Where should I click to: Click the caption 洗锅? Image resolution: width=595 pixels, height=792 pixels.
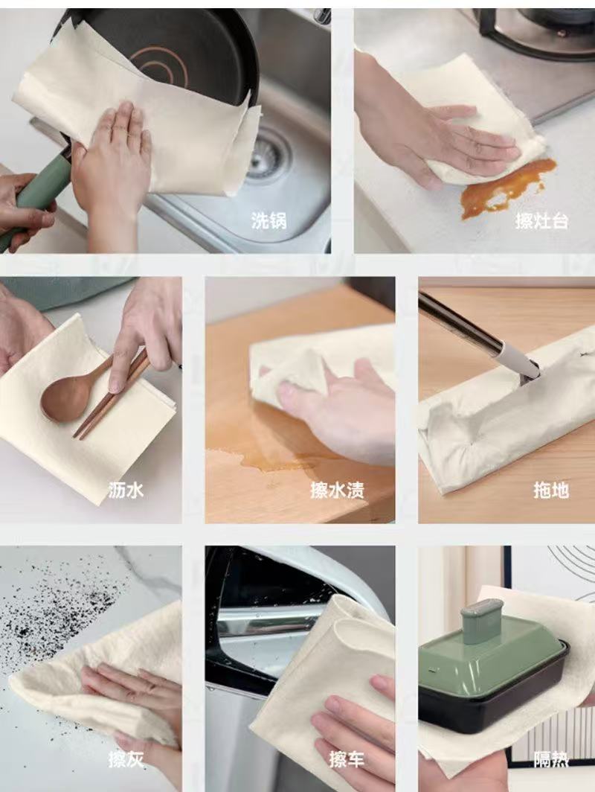point(269,221)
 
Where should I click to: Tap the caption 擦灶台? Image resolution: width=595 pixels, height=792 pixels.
point(541,221)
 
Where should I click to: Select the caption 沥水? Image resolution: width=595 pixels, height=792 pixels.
point(126,490)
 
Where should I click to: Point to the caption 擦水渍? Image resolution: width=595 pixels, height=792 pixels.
point(337,490)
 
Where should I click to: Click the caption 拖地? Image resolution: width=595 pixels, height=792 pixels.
point(551,490)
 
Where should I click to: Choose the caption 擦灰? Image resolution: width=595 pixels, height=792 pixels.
point(126,759)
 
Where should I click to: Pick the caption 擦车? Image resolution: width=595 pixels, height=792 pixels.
point(347,759)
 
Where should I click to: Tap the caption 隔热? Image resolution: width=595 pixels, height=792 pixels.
point(551,759)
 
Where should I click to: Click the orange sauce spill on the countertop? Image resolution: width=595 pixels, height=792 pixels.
point(507,188)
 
